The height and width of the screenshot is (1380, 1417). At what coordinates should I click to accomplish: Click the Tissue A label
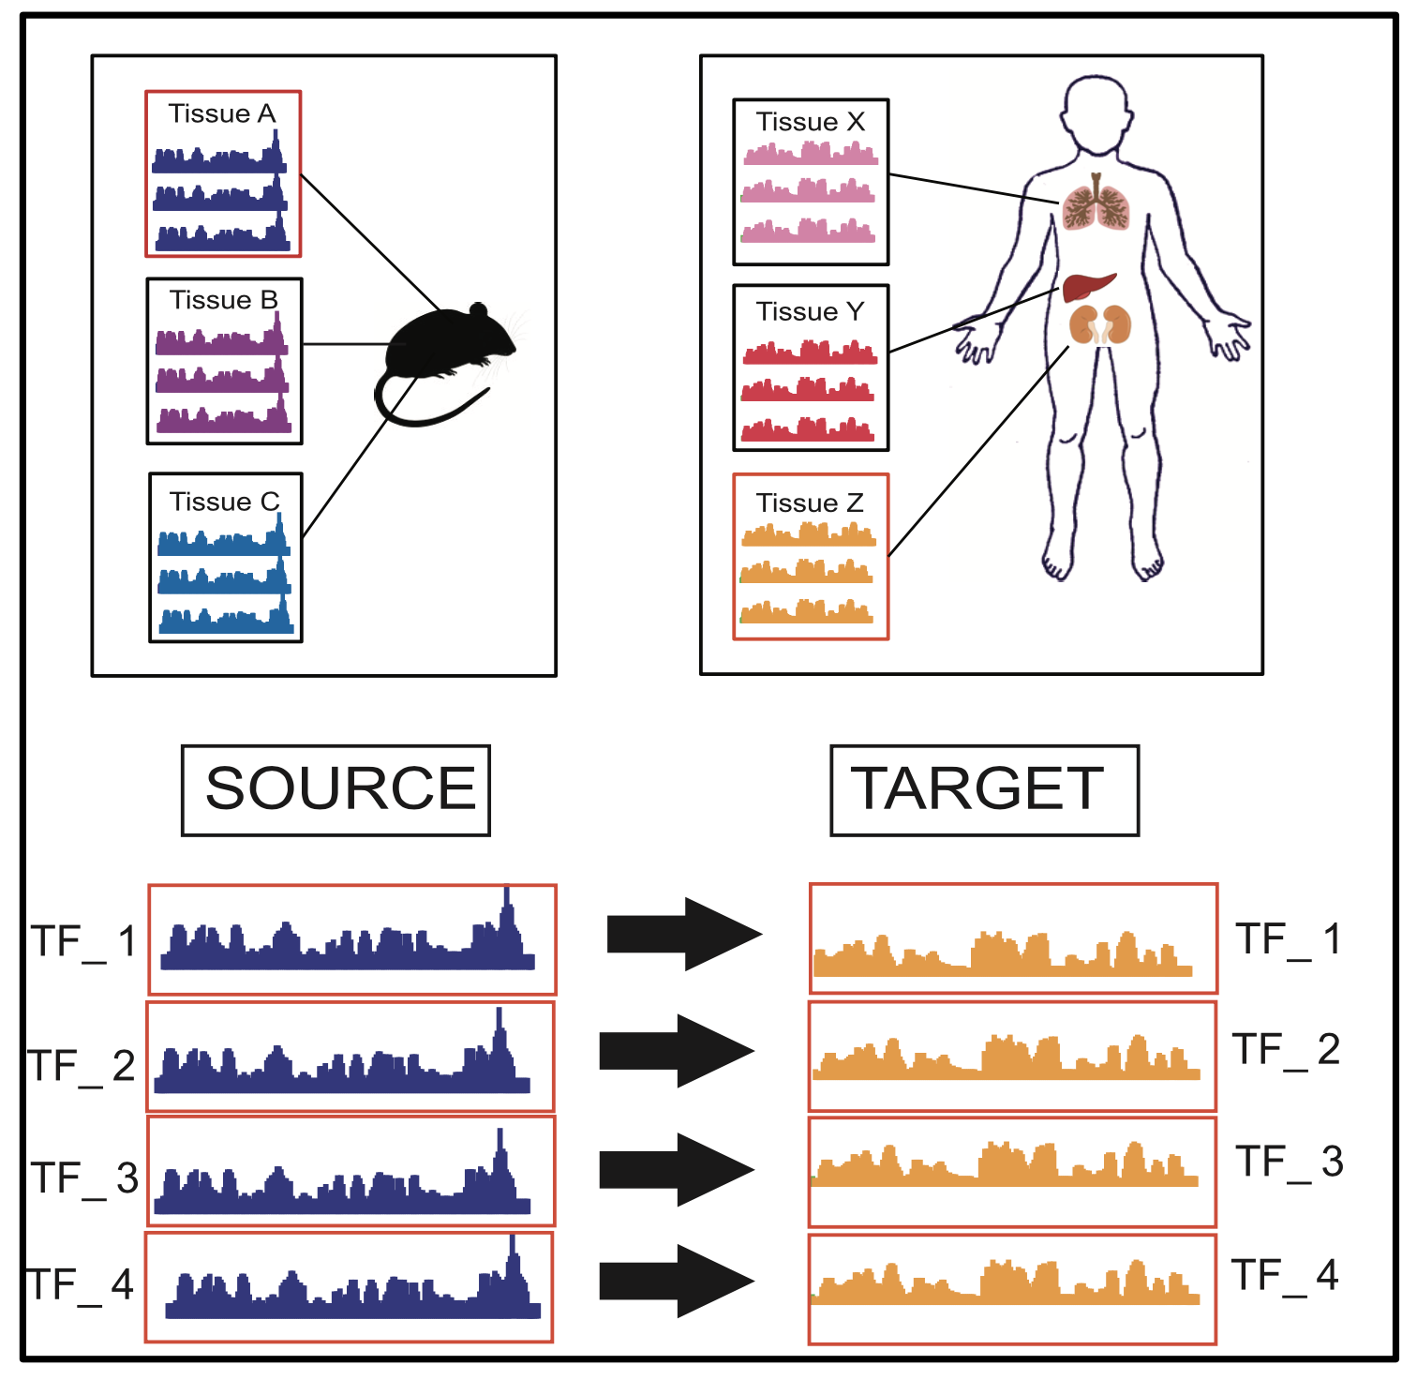pyautogui.click(x=222, y=113)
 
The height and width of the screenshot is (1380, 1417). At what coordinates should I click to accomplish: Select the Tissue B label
pyautogui.click(x=224, y=300)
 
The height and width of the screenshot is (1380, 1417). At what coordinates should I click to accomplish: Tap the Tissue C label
pyautogui.click(x=225, y=502)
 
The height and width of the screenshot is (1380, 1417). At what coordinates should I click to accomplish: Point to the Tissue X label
pyautogui.click(x=811, y=122)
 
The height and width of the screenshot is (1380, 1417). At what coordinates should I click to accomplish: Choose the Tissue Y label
pyautogui.click(x=811, y=311)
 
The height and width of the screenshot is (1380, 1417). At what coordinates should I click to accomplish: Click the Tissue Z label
pyautogui.click(x=811, y=503)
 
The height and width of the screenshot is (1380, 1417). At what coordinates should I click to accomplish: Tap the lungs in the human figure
pyautogui.click(x=1096, y=206)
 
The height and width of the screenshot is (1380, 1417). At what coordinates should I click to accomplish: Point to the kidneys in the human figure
pyautogui.click(x=1100, y=325)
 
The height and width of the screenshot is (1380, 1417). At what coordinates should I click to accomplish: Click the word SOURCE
pyautogui.click(x=340, y=788)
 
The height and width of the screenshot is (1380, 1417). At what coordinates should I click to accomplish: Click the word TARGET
pyautogui.click(x=977, y=788)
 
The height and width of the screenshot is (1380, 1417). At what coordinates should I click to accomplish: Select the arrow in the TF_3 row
pyautogui.click(x=676, y=1169)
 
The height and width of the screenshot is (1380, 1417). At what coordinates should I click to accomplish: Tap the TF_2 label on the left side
pyautogui.click(x=82, y=1066)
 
